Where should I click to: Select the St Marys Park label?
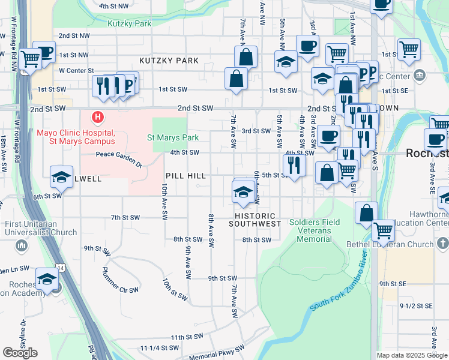[x=173, y=137]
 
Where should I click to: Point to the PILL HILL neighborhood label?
[x=186, y=176]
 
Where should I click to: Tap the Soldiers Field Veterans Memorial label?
[x=315, y=230]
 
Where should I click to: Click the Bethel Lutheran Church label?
[x=391, y=244]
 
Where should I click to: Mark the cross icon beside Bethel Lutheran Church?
[x=442, y=244]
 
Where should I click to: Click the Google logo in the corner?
[x=20, y=353]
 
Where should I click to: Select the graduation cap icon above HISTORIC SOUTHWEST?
[x=242, y=192]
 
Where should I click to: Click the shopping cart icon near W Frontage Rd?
[x=29, y=59]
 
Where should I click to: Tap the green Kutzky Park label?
[x=130, y=24]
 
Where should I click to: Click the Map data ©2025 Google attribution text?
[x=411, y=355]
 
